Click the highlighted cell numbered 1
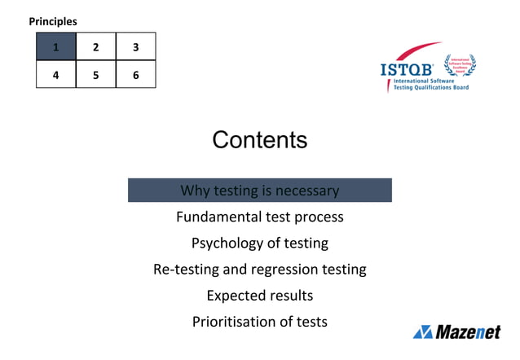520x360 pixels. pos(55,47)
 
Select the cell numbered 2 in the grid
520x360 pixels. pos(95,47)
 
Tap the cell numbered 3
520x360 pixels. pos(135,47)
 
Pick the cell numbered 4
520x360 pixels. pos(55,75)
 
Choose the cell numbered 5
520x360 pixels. pos(95,75)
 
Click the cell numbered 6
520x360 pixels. pos(135,75)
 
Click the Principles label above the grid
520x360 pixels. pos(53,21)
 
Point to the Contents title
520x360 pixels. pos(259,140)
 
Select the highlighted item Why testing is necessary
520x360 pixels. pos(259,191)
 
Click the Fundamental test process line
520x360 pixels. pos(259,217)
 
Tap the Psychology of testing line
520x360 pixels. pos(259,243)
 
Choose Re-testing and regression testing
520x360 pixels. pos(259,269)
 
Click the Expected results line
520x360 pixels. pos(259,295)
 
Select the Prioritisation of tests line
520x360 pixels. pos(259,321)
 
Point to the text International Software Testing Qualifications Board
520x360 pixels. pos(431,85)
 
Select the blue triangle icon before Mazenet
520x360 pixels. pos(422,331)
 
